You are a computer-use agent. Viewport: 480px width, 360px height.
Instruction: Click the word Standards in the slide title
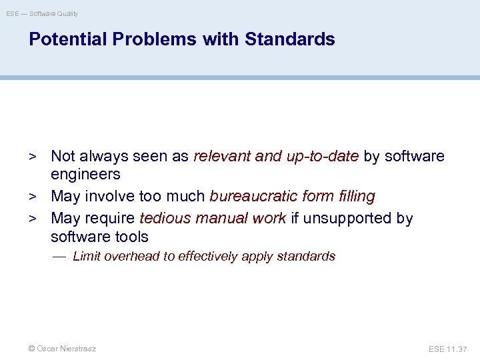290,39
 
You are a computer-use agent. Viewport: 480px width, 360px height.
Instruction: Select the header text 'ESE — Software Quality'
42,13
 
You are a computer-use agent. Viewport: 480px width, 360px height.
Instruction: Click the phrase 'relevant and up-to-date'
276,157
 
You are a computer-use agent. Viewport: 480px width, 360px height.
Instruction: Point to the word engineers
85,175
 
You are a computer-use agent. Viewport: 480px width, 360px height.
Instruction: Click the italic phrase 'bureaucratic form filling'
292,197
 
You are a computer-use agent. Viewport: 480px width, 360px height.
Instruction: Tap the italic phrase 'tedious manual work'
213,219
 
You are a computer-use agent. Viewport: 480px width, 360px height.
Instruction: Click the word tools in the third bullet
131,237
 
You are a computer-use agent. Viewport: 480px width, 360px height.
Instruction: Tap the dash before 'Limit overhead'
60,257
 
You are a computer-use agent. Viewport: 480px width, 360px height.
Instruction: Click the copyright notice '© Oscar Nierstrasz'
61,349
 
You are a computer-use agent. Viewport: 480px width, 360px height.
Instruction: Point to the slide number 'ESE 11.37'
448,349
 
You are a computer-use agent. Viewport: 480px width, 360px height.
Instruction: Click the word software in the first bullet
414,157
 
